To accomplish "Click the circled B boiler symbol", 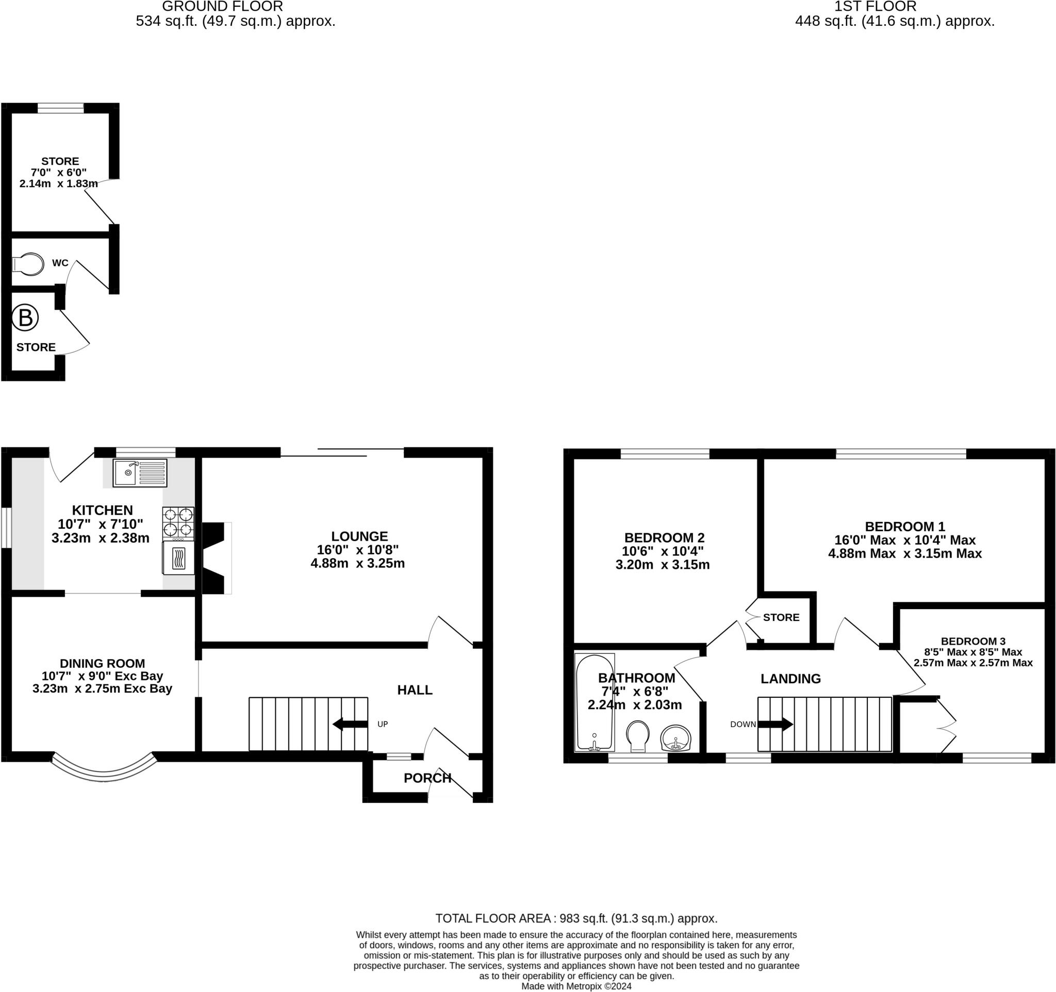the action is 25,318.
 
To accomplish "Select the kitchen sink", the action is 140,473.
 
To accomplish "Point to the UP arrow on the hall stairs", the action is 350,724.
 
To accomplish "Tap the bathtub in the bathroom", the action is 595,703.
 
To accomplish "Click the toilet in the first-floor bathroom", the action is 638,737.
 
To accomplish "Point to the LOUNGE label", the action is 359,536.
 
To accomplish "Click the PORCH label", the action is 427,778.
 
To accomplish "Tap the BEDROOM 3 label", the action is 973,641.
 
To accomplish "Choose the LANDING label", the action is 790,679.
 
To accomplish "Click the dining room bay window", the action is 104,767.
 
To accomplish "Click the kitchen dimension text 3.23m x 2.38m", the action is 101,538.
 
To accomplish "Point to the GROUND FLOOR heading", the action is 223,6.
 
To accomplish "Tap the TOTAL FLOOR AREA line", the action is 576,919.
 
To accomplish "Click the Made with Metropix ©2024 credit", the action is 576,987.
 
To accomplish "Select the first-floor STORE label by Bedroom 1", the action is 781,617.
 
